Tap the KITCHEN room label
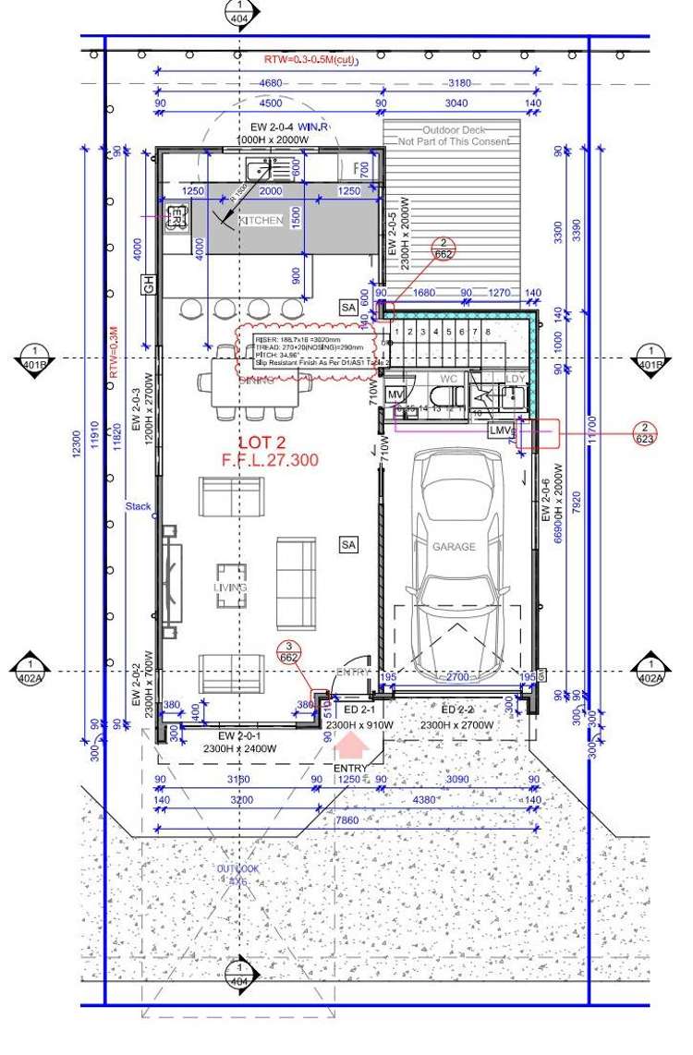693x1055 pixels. [261, 222]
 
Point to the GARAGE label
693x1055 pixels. [454, 547]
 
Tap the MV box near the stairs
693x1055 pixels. [395, 396]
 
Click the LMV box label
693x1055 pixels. [501, 430]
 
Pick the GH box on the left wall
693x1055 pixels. [146, 283]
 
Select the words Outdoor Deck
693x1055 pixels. [454, 130]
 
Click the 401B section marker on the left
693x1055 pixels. [35, 358]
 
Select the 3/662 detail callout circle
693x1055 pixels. [289, 651]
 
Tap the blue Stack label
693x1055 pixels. [139, 506]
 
